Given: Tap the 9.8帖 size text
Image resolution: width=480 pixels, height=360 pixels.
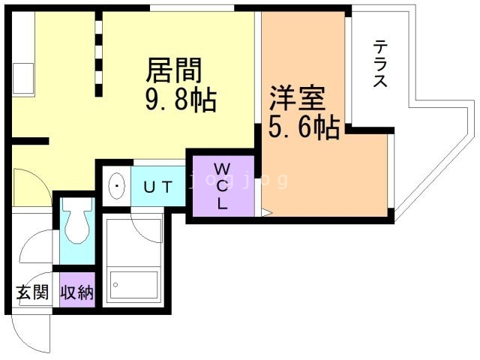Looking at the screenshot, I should [x=180, y=100].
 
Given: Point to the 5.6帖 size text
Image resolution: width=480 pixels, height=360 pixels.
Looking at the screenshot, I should [x=303, y=128].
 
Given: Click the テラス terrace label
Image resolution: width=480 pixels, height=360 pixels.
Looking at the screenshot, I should [x=380, y=64].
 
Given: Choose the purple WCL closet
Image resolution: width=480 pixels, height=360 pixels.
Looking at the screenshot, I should [x=222, y=185].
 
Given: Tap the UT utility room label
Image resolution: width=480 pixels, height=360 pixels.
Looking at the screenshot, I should [x=158, y=186].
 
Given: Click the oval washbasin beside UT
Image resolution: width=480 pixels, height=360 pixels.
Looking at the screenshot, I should [x=117, y=186].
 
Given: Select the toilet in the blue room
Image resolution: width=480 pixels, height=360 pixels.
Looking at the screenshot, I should [x=75, y=224].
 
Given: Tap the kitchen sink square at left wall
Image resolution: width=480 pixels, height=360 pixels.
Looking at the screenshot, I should [x=21, y=73].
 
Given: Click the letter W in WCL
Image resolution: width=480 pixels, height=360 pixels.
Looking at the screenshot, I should [x=223, y=167].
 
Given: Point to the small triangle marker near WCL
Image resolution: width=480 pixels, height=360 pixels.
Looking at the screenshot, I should [x=265, y=213].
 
